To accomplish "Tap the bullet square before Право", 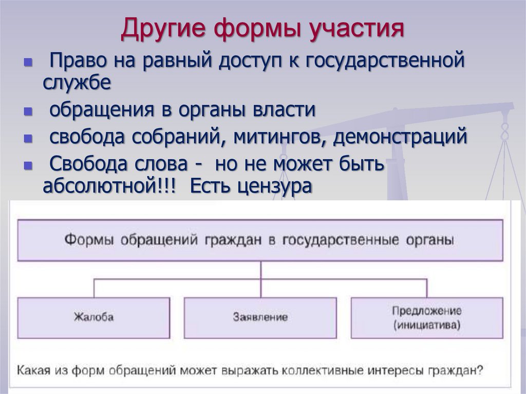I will [28, 63].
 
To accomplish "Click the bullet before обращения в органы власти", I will [28, 112].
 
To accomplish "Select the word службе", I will [77, 83].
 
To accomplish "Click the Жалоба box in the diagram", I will [93, 316].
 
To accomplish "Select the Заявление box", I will [260, 316].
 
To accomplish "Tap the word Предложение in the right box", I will [427, 310].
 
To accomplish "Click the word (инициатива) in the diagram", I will [427, 325].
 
